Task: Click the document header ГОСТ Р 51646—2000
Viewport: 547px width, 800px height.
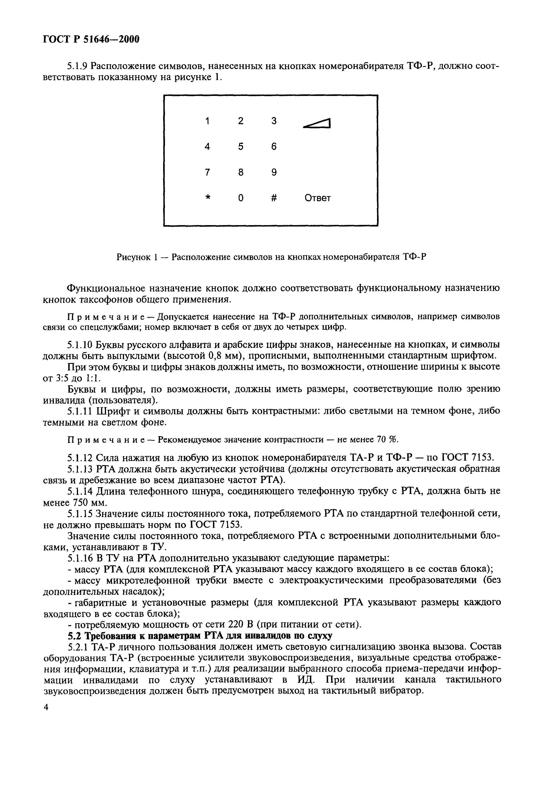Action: pos(91,40)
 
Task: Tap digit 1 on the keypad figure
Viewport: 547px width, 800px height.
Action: pos(207,121)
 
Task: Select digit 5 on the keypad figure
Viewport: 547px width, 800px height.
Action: pos(241,147)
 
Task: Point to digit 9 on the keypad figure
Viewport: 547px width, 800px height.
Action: pos(274,172)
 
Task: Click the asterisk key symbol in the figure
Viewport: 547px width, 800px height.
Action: pos(207,198)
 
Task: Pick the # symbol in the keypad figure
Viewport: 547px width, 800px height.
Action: pos(274,198)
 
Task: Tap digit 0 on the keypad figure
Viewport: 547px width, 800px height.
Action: pos(241,198)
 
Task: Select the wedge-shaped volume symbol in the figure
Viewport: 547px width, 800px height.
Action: pos(317,123)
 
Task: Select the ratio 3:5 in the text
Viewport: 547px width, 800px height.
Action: pos(62,378)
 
